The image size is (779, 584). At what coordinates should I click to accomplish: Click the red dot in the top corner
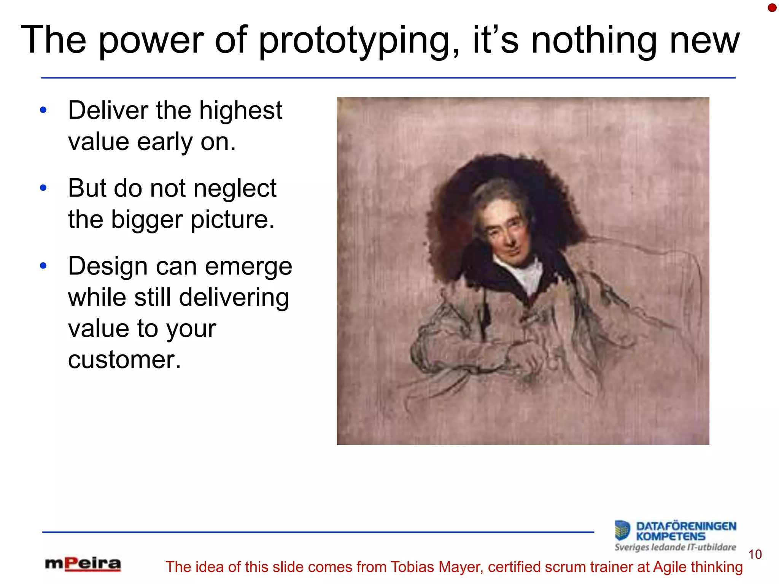[772, 8]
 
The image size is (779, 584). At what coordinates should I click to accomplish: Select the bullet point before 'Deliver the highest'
[43, 110]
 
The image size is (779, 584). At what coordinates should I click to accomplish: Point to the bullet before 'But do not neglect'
[43, 188]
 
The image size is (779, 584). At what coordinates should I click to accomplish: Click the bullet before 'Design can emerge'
[43, 266]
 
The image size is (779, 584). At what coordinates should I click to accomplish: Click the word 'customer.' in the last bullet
[124, 360]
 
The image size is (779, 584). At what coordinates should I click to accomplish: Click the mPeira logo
[83, 564]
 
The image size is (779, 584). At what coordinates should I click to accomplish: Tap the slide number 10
[755, 554]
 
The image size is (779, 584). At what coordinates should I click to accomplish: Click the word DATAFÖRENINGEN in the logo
[686, 526]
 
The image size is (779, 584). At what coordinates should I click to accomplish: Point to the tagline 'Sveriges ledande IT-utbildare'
[675, 547]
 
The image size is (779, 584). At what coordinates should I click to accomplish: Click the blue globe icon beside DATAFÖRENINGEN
[622, 530]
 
